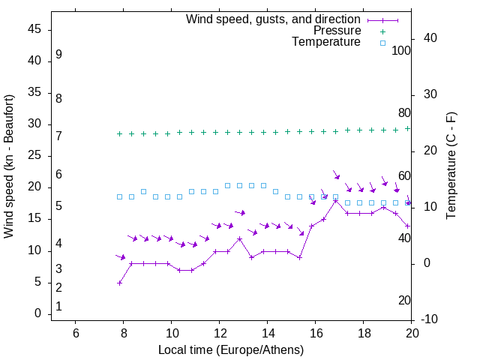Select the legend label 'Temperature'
[326, 42]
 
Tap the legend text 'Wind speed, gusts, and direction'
[274, 19]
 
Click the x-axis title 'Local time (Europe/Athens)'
[231, 350]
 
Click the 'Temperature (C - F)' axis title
[451, 166]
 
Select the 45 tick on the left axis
[34, 30]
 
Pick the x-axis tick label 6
[76, 333]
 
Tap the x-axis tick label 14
[267, 333]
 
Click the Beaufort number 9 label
[58, 55]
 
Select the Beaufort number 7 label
[58, 136]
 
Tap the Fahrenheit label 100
[401, 50]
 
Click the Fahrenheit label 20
[404, 300]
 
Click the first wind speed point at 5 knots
[120, 283]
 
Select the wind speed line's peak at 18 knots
[336, 201]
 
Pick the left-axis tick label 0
[37, 314]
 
